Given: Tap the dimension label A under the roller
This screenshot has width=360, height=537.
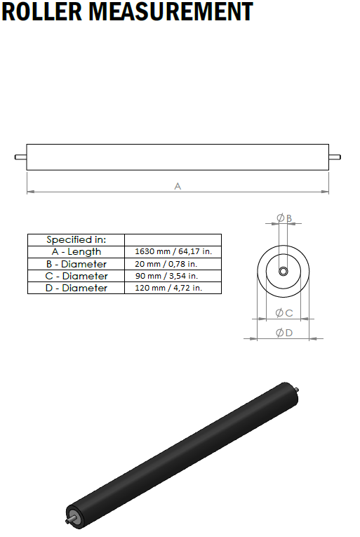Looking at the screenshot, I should point(178,186).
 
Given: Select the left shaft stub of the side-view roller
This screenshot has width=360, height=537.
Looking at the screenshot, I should point(20,157).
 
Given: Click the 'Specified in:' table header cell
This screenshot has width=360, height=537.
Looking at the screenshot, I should point(76,239).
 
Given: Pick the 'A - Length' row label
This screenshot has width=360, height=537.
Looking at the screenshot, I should point(76,251).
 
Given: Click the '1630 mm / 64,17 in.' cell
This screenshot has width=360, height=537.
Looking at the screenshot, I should point(173,251).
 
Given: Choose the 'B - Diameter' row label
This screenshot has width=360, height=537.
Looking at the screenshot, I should point(76,264).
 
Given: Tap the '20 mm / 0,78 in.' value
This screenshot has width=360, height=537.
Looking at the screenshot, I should point(166,264).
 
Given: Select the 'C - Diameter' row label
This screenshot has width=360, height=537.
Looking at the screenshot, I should point(76,276).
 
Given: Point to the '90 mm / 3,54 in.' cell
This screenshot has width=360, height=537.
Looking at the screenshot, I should point(166,276).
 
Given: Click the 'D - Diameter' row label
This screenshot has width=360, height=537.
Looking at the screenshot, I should point(76,288).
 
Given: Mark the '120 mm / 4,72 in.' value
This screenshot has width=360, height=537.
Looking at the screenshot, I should point(168,288).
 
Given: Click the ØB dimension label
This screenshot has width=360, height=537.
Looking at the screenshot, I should point(284,218).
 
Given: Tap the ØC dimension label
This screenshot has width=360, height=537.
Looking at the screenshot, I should point(284,313).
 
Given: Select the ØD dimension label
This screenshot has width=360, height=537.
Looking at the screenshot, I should point(284,333).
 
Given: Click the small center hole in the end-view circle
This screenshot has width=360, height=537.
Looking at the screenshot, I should point(283,272).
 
